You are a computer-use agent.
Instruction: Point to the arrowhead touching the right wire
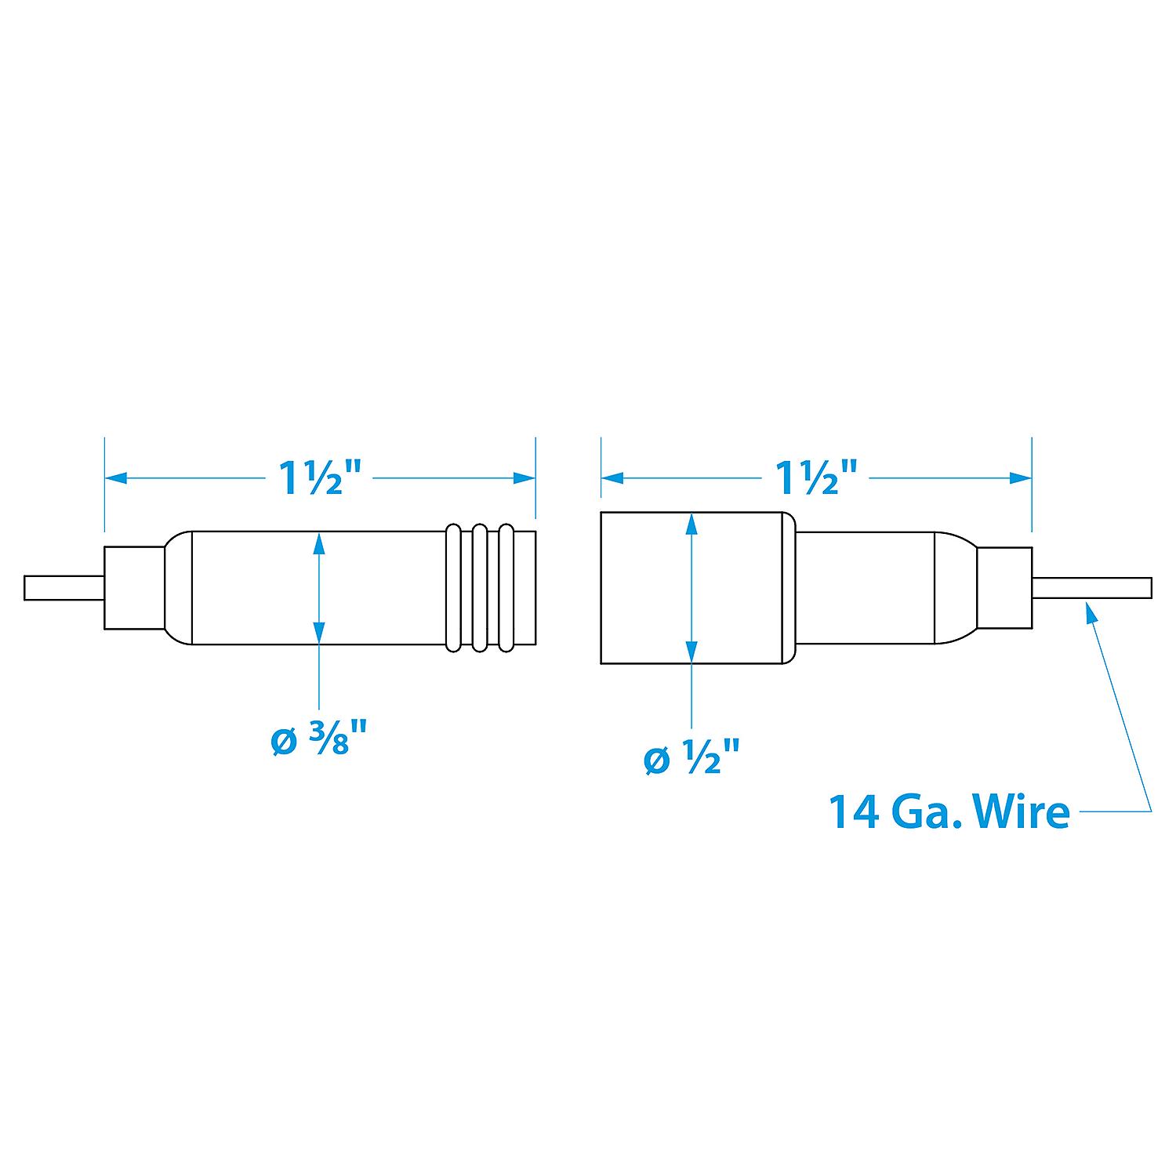[x=1091, y=609]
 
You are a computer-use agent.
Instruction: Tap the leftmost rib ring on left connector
[x=453, y=588]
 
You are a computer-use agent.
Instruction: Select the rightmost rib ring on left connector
[x=506, y=588]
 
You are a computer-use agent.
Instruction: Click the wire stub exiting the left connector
[x=63, y=588]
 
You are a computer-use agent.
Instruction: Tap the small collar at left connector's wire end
[x=133, y=588]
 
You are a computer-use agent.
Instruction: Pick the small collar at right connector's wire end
[x=1004, y=588]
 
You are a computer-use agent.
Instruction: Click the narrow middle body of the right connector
[x=862, y=588]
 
